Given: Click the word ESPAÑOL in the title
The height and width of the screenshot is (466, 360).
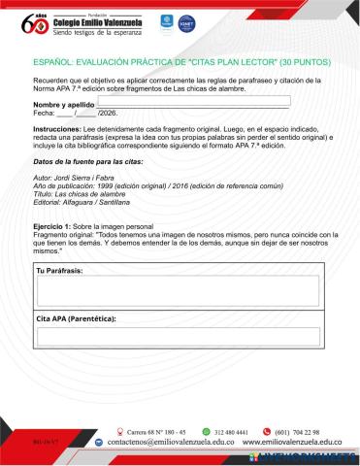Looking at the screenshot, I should [34, 60].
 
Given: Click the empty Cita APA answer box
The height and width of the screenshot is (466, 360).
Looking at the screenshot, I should [177, 336].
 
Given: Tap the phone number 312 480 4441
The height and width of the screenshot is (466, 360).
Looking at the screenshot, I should [232, 432].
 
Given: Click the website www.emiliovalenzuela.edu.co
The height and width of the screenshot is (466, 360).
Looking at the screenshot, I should [295, 442].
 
